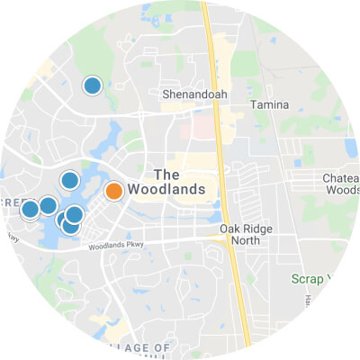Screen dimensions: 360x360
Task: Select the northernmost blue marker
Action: click(x=92, y=85)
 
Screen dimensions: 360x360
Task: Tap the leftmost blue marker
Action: click(x=30, y=210)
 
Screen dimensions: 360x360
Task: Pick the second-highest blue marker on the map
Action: click(x=69, y=180)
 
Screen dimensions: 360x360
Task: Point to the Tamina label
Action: click(x=270, y=105)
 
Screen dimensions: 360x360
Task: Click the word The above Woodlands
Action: click(x=167, y=174)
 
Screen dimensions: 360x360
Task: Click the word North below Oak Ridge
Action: click(x=251, y=241)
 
